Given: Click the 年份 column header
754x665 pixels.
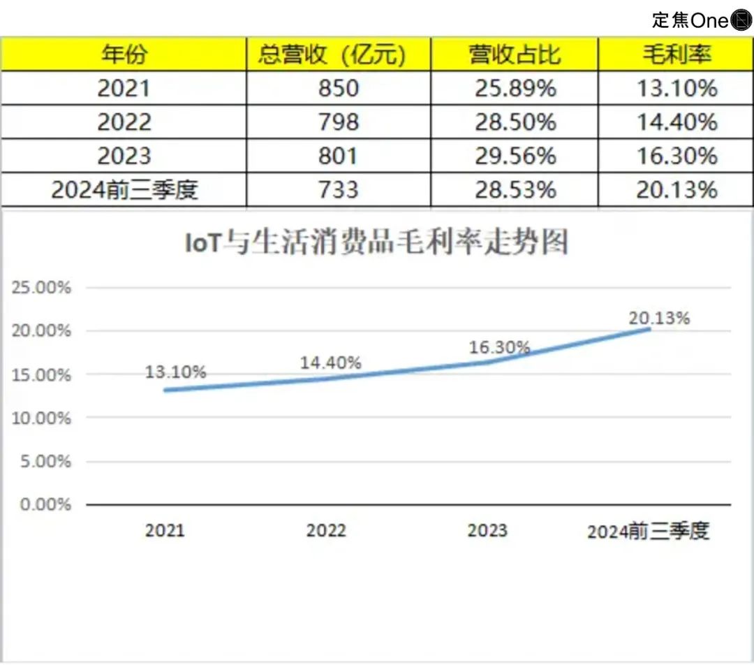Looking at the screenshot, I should point(124,54).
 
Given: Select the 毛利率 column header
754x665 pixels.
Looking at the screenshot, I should point(677,54).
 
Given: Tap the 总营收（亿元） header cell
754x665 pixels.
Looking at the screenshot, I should point(339,54).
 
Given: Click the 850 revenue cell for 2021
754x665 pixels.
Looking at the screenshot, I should point(339,88).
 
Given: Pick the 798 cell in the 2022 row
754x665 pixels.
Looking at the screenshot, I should point(339,122).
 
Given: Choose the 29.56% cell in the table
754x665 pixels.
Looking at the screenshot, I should point(515,156).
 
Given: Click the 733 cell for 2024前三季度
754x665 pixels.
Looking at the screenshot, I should point(339,189).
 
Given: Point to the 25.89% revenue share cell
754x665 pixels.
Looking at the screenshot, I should point(515,88).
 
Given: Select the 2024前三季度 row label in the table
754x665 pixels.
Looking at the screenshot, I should point(124,189).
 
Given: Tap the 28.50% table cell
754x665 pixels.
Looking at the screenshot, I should point(515,122).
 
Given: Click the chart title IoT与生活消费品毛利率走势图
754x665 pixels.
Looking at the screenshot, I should point(376,242).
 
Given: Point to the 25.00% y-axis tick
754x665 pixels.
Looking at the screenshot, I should point(42,287).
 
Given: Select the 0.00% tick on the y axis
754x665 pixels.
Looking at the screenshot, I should point(45,504).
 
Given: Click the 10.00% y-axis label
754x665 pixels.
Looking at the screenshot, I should point(42,418).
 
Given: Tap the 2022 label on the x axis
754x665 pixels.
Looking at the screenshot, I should point(326,530).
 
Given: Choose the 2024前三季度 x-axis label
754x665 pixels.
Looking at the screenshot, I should point(648,532).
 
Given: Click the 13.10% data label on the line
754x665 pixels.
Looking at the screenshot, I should point(175,372).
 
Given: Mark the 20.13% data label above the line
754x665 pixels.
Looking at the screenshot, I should point(659,318).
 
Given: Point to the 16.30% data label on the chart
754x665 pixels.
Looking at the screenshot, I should point(498,347).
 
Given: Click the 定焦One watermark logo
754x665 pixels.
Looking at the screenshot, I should point(701,20).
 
